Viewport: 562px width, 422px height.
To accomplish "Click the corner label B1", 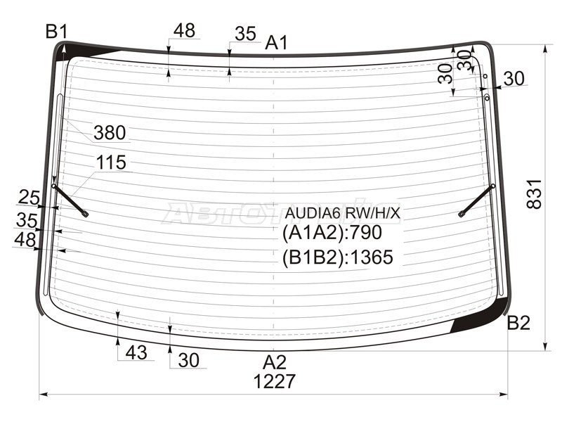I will (56, 31).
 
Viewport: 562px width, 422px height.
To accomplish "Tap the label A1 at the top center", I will (276, 43).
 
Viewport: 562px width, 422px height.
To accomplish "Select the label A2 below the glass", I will (275, 362).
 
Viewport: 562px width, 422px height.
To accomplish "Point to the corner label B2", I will (518, 323).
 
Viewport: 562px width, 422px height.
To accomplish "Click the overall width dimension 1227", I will (275, 381).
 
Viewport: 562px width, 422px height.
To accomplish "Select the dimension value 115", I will (111, 163).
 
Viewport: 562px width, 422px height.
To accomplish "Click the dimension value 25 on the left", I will (29, 197).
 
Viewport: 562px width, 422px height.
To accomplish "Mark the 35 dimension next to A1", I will (245, 33).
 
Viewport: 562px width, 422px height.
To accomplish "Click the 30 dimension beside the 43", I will (188, 360).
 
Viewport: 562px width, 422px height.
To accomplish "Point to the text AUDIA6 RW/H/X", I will (341, 212).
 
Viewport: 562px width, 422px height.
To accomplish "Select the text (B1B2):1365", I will (337, 257).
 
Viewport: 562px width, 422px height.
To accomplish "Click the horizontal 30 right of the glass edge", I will (514, 79).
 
